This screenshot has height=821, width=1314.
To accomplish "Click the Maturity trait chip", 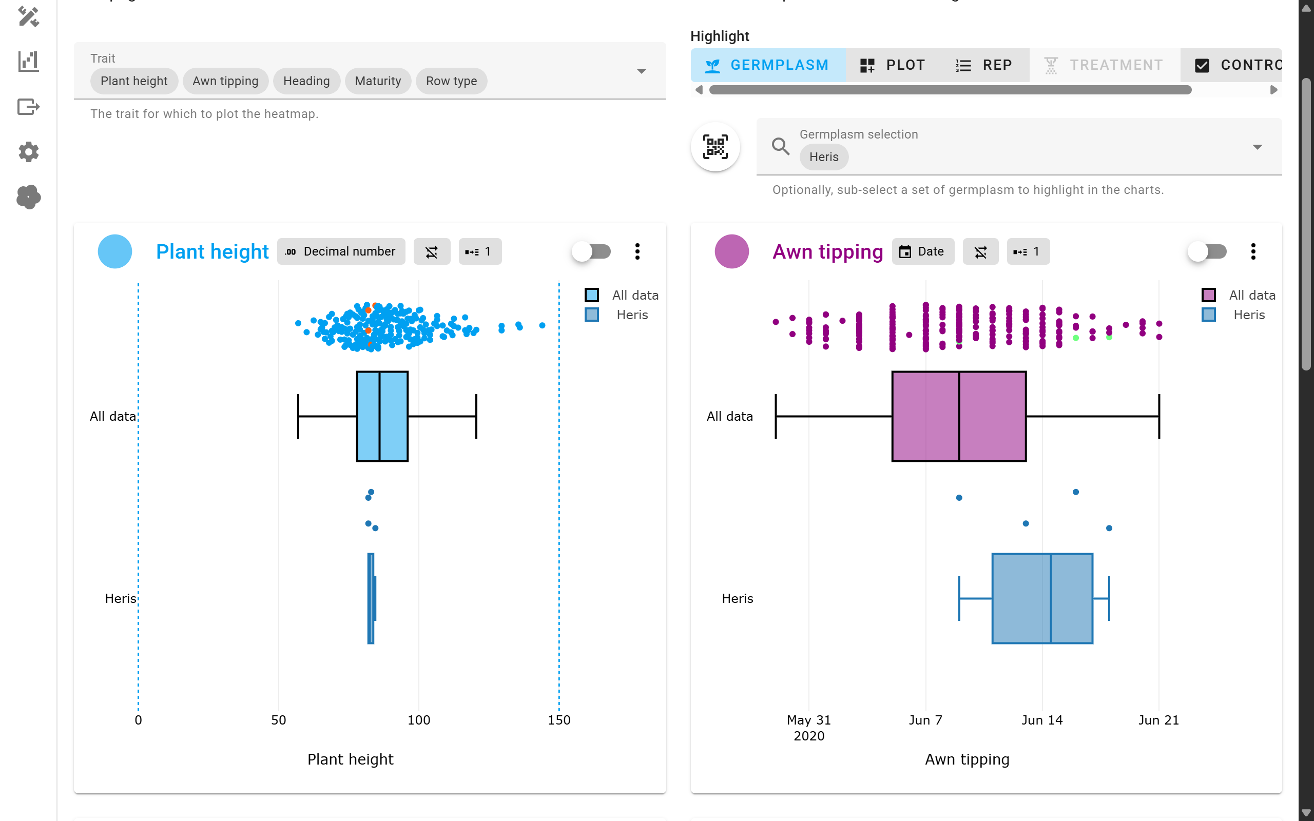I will click(x=377, y=81).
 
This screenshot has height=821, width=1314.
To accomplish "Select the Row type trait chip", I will click(x=451, y=81).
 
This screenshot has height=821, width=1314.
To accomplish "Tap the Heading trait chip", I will click(x=306, y=81).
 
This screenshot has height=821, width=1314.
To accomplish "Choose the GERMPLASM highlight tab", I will click(x=767, y=65).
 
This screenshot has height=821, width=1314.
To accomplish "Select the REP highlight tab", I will click(x=984, y=65).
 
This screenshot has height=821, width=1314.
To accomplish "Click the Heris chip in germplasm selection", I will click(x=823, y=157).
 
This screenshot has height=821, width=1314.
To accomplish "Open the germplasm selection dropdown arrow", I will click(x=1257, y=147).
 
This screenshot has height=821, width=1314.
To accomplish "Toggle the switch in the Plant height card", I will click(x=591, y=251).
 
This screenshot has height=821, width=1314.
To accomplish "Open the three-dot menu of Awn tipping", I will click(x=1252, y=251).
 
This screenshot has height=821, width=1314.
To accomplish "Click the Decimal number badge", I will click(x=341, y=251).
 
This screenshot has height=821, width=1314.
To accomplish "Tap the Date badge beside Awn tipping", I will click(x=922, y=251).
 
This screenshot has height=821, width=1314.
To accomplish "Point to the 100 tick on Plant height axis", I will click(x=419, y=720).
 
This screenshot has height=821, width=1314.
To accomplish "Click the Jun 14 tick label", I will click(x=1041, y=720).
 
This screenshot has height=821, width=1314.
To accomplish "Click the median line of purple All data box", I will click(x=959, y=417).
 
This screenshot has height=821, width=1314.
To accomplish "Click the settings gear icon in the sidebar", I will click(x=28, y=152).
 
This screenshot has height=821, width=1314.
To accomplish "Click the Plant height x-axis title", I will click(x=350, y=759).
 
